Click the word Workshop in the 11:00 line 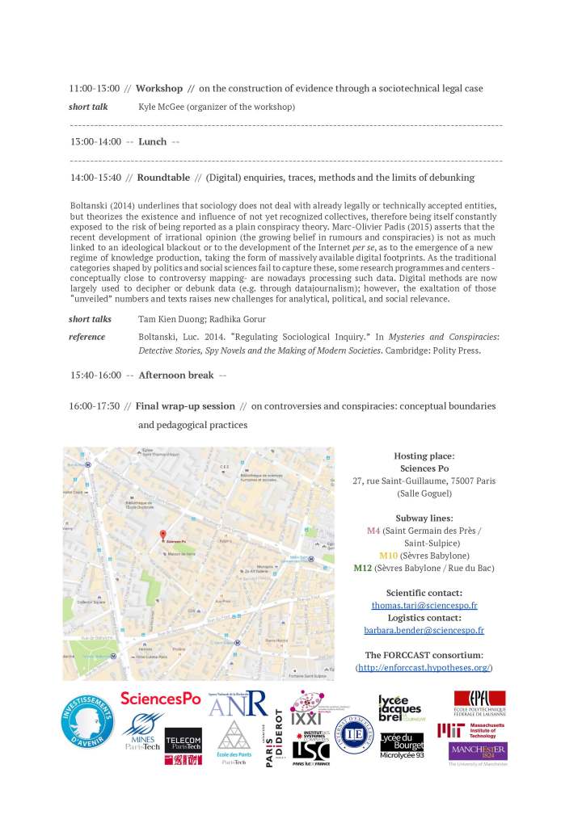tap(159, 87)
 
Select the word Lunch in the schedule tap(153, 141)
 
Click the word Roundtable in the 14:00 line tap(163, 177)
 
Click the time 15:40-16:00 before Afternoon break tap(95, 376)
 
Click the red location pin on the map tap(163, 535)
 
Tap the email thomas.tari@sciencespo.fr tap(424, 604)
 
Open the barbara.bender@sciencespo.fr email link tap(424, 630)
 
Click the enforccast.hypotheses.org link tap(424, 668)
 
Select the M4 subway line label tap(373, 531)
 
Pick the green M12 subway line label tap(363, 568)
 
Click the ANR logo tap(238, 703)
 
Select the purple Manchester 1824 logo tap(478, 752)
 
